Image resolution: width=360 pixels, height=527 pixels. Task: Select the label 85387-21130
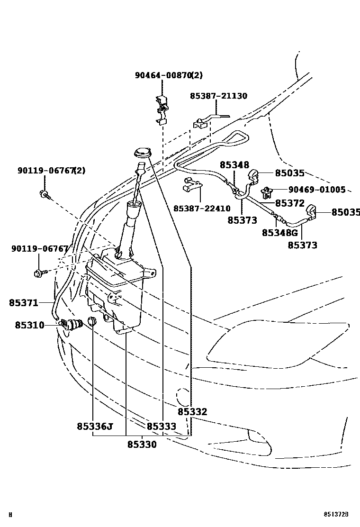pyautogui.click(x=218, y=96)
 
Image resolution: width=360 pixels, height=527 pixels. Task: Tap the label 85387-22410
pyautogui.click(x=201, y=209)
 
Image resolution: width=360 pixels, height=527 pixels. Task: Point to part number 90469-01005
pyautogui.click(x=317, y=190)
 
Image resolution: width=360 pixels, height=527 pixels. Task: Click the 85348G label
pyautogui.click(x=279, y=233)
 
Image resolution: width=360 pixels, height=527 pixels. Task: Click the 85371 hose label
pyautogui.click(x=23, y=302)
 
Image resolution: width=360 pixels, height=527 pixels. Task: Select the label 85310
pyautogui.click(x=29, y=325)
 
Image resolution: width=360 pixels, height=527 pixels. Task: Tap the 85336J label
pyautogui.click(x=94, y=426)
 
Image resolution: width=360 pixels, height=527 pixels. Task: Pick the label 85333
pyautogui.click(x=161, y=426)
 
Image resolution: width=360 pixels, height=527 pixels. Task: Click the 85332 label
pyautogui.click(x=192, y=412)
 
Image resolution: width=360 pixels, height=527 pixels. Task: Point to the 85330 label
pyautogui.click(x=142, y=445)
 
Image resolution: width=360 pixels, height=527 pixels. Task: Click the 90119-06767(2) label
pyautogui.click(x=52, y=171)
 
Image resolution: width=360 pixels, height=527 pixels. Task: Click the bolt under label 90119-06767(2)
pyautogui.click(x=44, y=193)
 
